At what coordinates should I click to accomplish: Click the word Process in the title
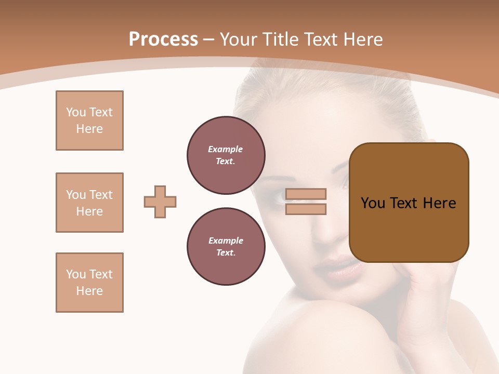tap(163, 39)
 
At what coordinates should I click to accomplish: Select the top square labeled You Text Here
tap(89, 121)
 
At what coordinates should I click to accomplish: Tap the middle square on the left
tap(89, 203)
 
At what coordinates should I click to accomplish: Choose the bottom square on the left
tap(89, 283)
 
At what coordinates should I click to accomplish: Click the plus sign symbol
tap(160, 202)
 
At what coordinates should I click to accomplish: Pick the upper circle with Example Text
tap(226, 155)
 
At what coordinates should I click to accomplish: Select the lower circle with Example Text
tap(226, 247)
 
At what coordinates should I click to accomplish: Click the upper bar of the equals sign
tap(306, 194)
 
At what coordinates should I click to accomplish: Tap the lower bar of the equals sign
tap(306, 209)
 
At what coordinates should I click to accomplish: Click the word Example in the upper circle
tap(226, 149)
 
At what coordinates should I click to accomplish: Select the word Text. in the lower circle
tap(226, 253)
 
